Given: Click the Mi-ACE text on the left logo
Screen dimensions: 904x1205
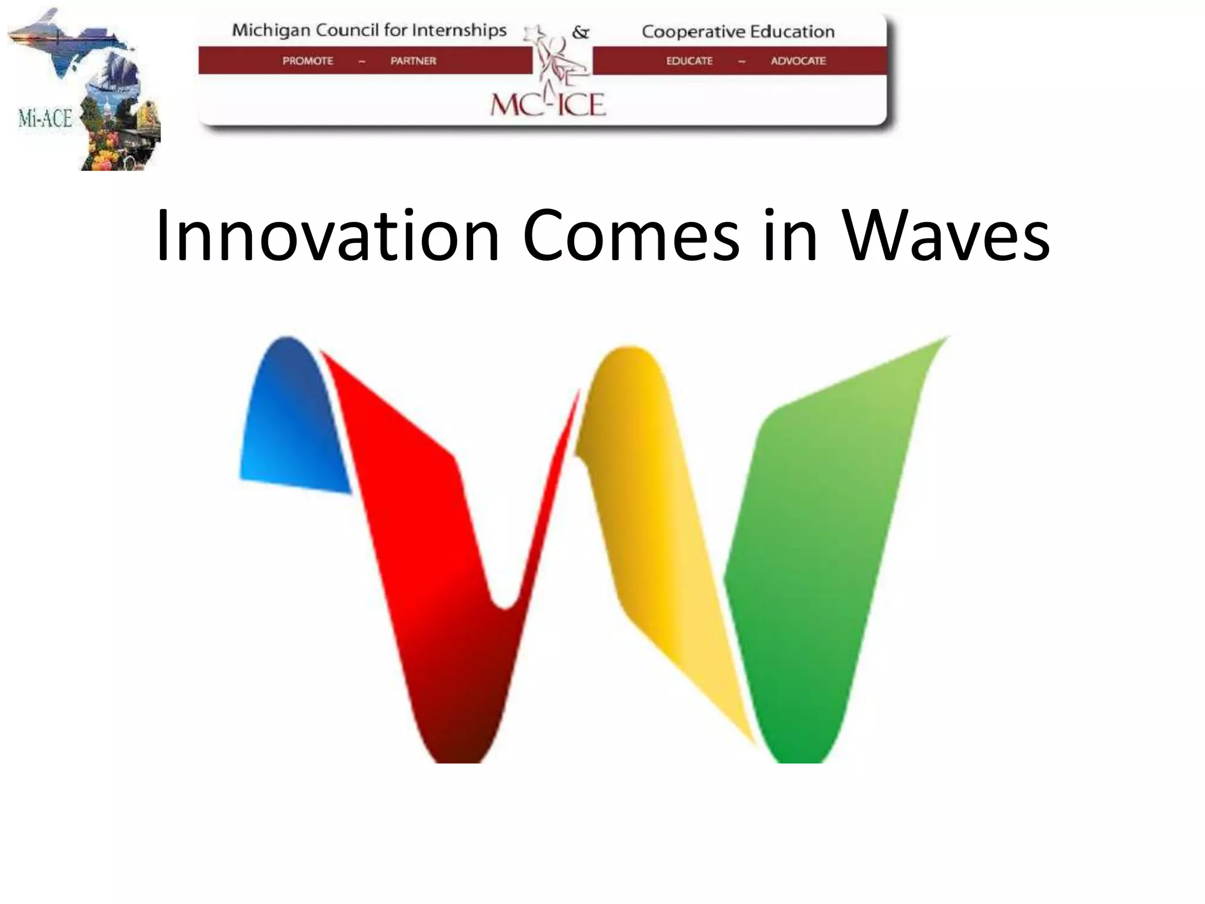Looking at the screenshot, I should tap(45, 118).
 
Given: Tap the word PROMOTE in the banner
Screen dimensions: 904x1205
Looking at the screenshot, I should tap(308, 61).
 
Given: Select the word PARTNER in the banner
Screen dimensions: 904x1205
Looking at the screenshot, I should tap(413, 61).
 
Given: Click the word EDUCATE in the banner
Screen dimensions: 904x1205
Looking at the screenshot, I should tap(689, 61).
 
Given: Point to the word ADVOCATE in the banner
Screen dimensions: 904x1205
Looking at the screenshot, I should tap(798, 61).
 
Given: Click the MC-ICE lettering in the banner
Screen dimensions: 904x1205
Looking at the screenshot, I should tap(548, 105).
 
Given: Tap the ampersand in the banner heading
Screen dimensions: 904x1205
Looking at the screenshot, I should tap(580, 32).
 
